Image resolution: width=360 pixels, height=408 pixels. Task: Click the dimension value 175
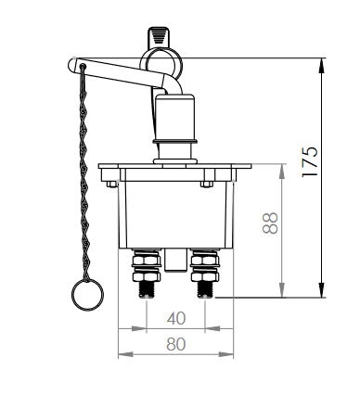coord(310,161)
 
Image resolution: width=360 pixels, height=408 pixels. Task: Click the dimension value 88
coord(270,223)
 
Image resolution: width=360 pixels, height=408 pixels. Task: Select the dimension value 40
coord(176,318)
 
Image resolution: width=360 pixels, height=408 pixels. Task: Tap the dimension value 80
coord(176,344)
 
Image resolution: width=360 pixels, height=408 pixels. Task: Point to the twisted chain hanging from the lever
coord(84,173)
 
